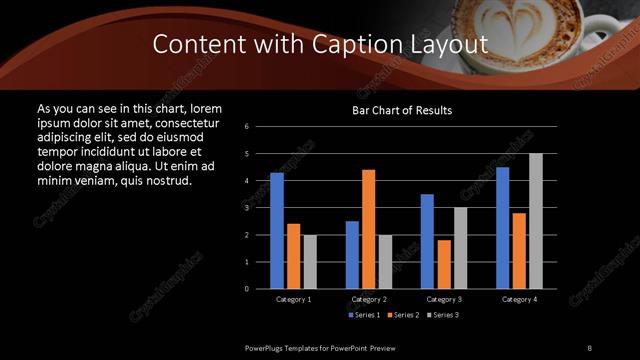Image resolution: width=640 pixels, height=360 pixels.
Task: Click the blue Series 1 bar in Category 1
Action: (x=277, y=231)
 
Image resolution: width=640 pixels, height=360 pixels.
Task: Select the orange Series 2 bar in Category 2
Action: (x=368, y=229)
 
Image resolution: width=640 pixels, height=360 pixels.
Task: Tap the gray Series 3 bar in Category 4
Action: (x=536, y=221)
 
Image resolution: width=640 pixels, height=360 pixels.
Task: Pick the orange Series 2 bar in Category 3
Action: (x=443, y=264)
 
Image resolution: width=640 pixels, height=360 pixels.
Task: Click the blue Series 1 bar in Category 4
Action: (x=502, y=228)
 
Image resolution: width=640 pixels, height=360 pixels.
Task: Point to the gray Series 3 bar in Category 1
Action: (x=310, y=262)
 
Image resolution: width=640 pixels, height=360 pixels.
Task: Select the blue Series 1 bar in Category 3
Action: (x=427, y=241)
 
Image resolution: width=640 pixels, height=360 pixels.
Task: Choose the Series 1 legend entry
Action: (x=364, y=315)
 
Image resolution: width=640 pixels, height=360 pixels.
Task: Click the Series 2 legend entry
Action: (x=404, y=315)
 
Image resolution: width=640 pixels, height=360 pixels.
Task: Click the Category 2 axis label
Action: (x=368, y=299)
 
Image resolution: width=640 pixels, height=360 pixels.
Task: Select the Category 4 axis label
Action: (x=519, y=299)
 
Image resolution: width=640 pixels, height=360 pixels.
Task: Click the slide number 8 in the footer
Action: (x=590, y=346)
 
